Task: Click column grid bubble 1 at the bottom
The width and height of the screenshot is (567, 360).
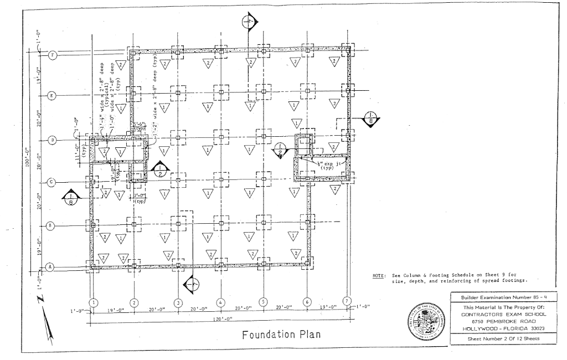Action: coord(94,302)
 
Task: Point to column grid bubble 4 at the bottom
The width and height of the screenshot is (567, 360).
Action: coord(220,302)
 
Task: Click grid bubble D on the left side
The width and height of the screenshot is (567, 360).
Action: coord(53,140)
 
